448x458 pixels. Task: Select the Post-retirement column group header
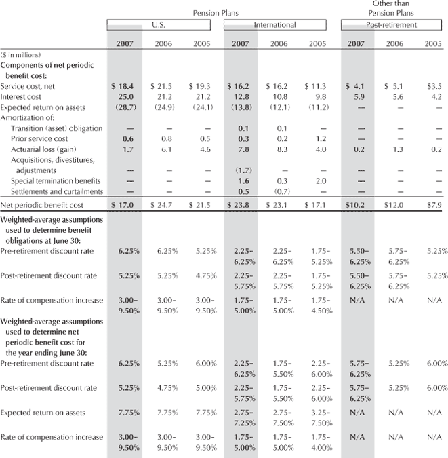(x=392, y=25)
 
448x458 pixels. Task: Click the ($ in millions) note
(x=21, y=54)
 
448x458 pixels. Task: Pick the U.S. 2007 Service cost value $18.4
(x=125, y=87)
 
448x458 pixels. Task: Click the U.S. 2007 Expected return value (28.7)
(x=125, y=107)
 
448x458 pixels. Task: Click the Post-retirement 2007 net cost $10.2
(x=359, y=205)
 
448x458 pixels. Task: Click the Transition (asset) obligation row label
(x=56, y=128)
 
